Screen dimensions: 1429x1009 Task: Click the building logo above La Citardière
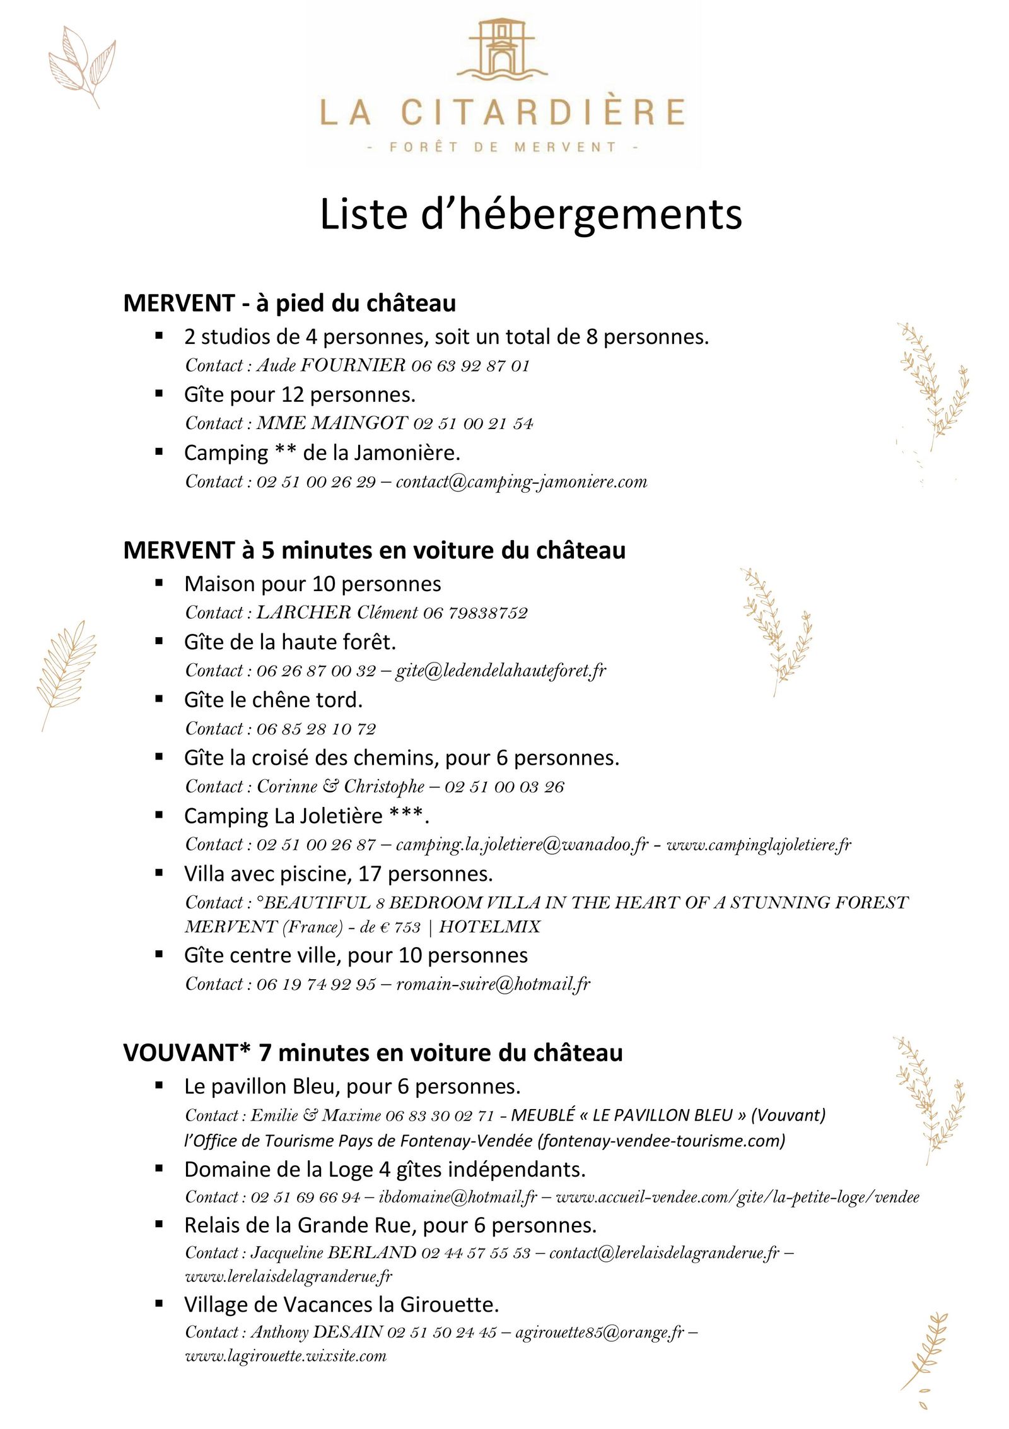pyautogui.click(x=502, y=50)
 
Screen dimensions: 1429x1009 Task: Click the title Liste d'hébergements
pyautogui.click(x=530, y=215)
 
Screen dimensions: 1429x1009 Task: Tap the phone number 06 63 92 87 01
pyautogui.click(x=470, y=366)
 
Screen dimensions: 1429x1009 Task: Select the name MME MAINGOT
pyautogui.click(x=332, y=423)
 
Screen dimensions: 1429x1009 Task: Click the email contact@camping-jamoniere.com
pyautogui.click(x=522, y=482)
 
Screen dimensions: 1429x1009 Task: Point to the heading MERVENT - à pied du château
pyautogui.click(x=289, y=303)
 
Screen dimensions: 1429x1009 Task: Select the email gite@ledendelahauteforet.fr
pyautogui.click(x=501, y=671)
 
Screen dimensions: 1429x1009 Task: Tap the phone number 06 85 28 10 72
pyautogui.click(x=316, y=729)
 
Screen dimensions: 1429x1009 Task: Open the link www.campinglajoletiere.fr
pyautogui.click(x=759, y=845)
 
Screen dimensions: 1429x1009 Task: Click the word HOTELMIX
pyautogui.click(x=489, y=927)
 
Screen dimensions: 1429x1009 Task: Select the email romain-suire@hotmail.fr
pyautogui.click(x=493, y=984)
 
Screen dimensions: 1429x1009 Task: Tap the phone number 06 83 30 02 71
pyautogui.click(x=440, y=1116)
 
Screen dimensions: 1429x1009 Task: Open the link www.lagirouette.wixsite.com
pyautogui.click(x=285, y=1356)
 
